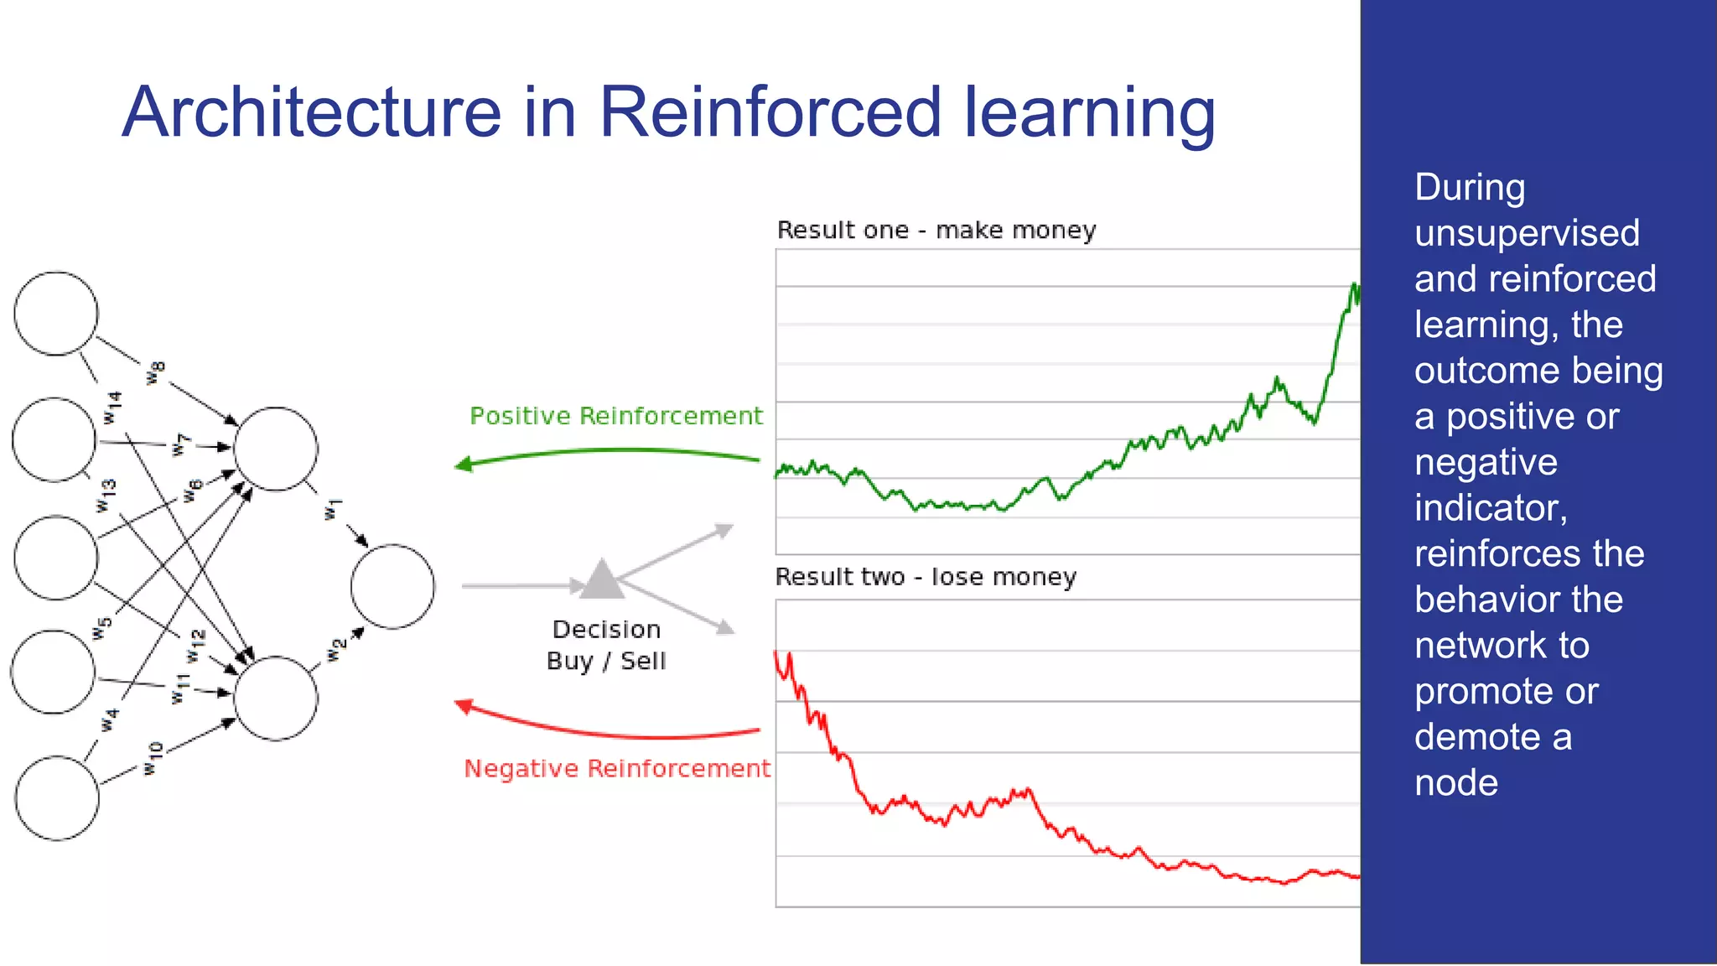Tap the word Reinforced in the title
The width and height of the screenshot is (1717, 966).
pos(770,112)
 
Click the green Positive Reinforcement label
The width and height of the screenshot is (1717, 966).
pos(615,416)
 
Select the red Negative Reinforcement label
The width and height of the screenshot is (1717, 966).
pos(617,768)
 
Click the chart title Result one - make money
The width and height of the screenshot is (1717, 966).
pos(936,230)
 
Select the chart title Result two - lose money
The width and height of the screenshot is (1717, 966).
pos(926,577)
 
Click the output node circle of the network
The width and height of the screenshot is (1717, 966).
pos(392,586)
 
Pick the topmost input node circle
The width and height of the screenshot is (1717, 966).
pos(56,314)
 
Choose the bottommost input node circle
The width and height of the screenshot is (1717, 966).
pos(57,797)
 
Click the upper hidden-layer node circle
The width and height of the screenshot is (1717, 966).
pos(276,449)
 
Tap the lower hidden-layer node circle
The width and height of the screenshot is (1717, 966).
pos(276,698)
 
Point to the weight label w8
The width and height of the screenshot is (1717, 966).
pos(156,372)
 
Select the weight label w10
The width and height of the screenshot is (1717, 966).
pos(153,758)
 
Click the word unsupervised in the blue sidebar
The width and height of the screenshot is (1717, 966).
pos(1527,233)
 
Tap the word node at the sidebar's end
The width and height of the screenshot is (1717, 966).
pos(1456,782)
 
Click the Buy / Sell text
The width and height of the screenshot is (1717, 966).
pos(606,661)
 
